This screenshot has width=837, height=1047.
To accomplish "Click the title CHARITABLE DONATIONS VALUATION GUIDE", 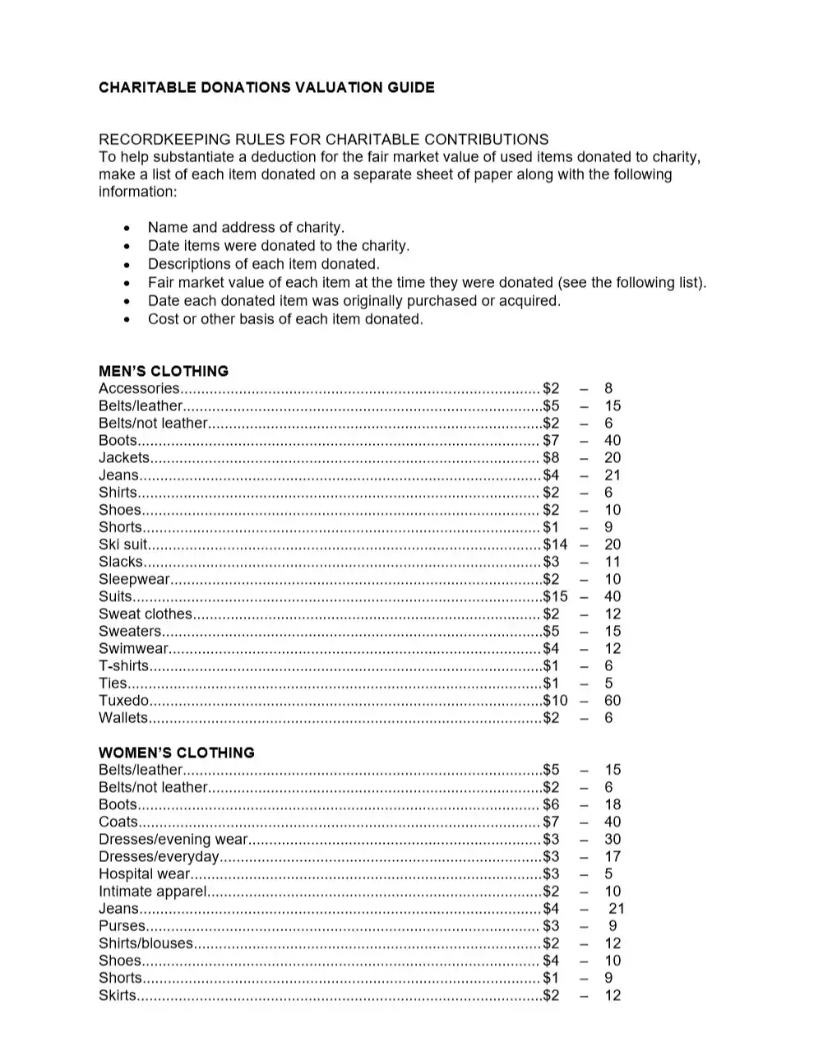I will coord(266,87).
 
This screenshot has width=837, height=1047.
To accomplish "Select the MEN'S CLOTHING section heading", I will coord(164,371).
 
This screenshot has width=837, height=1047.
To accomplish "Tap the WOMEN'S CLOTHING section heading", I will coord(177,753).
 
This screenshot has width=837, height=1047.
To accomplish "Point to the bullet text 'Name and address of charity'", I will coord(246,228).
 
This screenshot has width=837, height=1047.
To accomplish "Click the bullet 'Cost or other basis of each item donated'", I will coord(285,319).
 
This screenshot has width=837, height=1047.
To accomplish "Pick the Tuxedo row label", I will coord(123,701).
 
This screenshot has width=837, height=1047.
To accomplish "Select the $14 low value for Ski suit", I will coord(555,544).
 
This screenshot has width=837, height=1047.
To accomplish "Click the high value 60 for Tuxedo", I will coord(613,701).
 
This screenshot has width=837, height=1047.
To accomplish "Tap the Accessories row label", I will coord(138,388).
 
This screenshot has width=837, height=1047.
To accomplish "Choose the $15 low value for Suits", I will coord(555,596).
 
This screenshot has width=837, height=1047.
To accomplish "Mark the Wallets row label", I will coord(123,718).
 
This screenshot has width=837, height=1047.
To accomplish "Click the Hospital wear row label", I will coord(144,874).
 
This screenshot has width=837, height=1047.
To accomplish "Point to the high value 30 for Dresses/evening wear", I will coord(613,839).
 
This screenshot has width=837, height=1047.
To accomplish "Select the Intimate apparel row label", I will coord(152,892).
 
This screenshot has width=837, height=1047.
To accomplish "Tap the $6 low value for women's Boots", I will coord(551,804).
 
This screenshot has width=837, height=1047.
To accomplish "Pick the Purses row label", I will coord(121,926).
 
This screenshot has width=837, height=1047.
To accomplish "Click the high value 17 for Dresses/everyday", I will coord(613,856).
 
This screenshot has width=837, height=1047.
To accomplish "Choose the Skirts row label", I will coord(117,995).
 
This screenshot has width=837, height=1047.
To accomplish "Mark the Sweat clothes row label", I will coord(145,614).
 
